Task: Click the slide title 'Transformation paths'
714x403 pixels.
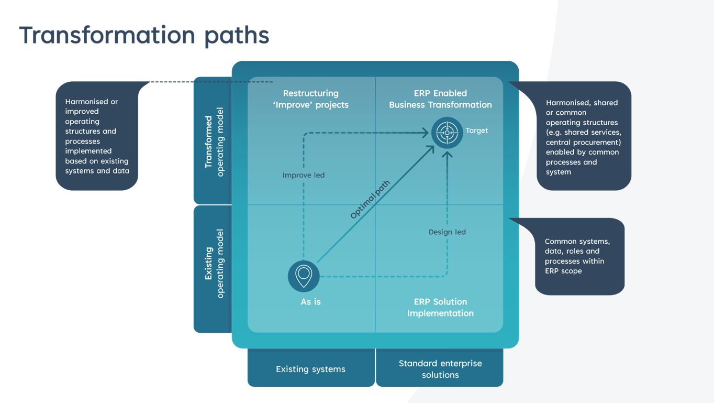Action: (144, 35)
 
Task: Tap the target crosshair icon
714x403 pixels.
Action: (447, 133)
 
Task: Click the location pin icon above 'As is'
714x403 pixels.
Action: (304, 276)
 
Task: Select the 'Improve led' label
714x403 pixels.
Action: (304, 175)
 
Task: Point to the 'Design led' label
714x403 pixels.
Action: (447, 232)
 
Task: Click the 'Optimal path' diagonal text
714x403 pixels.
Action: (370, 200)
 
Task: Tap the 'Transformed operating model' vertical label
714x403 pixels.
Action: (214, 141)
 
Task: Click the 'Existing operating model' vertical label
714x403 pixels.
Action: (214, 264)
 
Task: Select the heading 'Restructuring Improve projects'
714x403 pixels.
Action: (311, 99)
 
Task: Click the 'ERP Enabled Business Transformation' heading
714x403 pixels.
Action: (440, 99)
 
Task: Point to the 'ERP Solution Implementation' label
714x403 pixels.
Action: (440, 307)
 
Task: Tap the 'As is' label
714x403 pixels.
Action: (311, 301)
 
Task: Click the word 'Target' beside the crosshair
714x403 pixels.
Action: (476, 130)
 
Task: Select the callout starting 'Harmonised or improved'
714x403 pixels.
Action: (97, 136)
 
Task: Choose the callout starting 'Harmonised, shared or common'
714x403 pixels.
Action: (584, 136)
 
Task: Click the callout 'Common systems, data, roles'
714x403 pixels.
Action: (579, 257)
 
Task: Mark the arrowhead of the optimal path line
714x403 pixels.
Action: (431, 149)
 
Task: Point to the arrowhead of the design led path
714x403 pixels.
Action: (447, 154)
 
